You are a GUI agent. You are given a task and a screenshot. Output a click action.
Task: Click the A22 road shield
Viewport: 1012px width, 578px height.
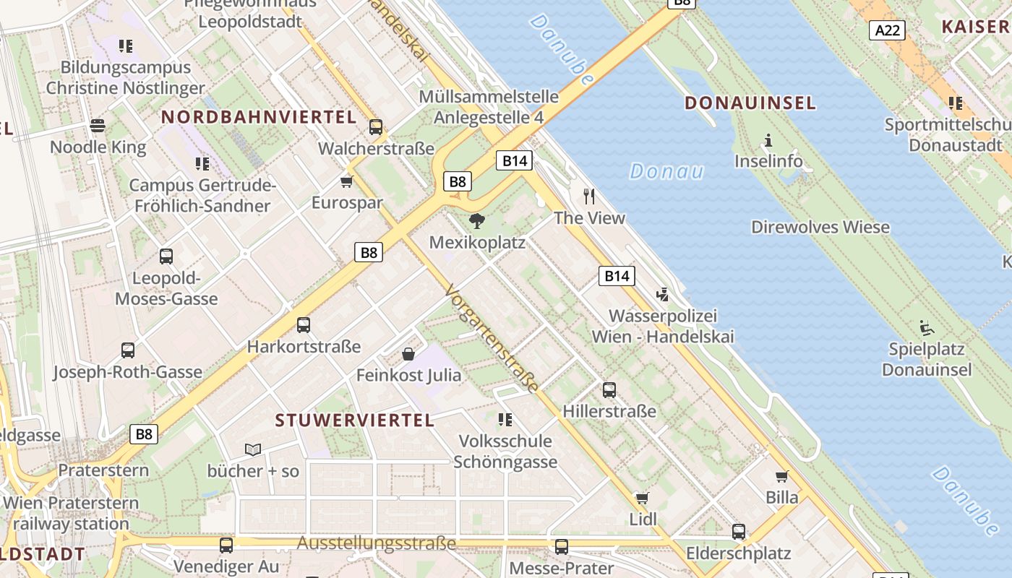coord(887,30)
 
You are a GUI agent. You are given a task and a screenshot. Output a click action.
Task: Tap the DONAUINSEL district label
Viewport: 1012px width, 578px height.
coord(750,103)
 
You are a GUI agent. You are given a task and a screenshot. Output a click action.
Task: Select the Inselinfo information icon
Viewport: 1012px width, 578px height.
coord(768,140)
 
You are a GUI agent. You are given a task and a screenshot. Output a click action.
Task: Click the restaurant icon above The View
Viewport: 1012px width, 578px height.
coord(589,196)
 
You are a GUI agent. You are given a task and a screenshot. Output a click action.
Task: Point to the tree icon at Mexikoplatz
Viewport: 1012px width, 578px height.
coord(477,221)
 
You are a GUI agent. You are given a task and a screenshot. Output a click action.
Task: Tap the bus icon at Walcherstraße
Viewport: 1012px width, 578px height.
coord(376,127)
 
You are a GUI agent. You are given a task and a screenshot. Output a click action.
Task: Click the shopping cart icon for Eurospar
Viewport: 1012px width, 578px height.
coord(347,181)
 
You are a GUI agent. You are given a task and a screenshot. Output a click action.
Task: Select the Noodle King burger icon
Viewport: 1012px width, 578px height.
coord(98,126)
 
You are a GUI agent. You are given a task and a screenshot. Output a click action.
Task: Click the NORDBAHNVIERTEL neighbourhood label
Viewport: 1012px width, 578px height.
coord(259,117)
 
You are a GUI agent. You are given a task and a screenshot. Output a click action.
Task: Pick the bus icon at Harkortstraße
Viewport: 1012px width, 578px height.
coord(304,325)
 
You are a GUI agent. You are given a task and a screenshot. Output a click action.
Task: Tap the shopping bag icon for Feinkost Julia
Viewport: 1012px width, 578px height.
coord(408,354)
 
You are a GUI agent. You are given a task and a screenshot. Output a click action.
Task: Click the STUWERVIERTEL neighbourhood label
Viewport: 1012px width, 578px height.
coord(355,420)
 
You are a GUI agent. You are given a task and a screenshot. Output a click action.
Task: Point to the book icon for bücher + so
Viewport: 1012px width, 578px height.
coord(253,449)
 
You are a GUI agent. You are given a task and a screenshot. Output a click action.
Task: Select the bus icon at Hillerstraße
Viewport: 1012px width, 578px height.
coord(609,390)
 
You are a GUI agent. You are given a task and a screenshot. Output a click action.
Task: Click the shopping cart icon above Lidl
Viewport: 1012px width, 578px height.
coord(642,498)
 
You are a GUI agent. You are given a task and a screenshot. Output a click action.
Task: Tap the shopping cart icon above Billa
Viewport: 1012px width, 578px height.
coord(781,476)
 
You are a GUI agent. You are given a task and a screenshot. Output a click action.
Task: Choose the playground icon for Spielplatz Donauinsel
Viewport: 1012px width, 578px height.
coord(926,328)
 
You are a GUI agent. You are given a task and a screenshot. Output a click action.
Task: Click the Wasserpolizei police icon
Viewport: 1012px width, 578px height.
coord(662,295)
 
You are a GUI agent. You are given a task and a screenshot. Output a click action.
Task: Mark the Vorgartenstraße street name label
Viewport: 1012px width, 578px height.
coord(492,338)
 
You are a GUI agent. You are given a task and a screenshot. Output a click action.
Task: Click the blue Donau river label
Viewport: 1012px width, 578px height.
coord(666,171)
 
